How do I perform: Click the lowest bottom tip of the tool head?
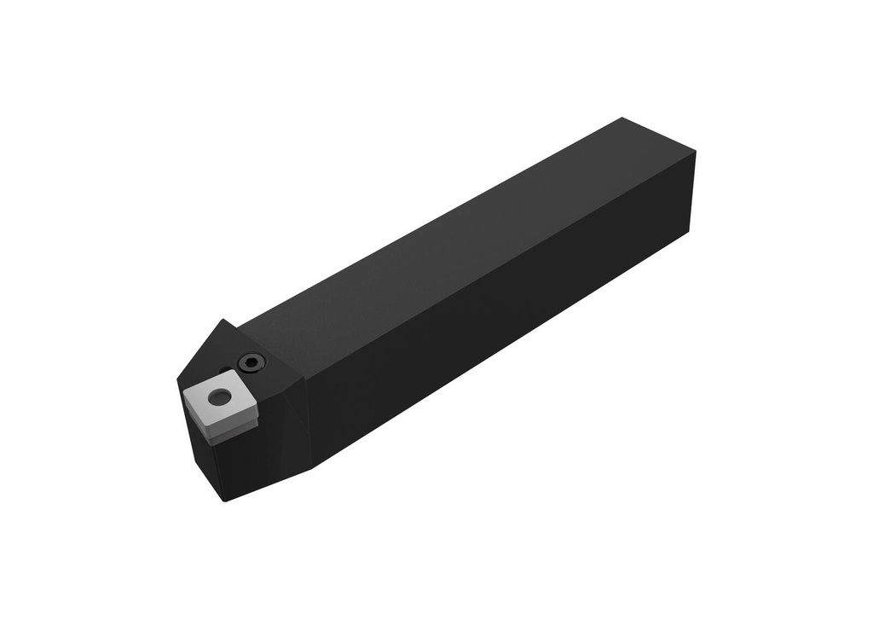coord(224,500)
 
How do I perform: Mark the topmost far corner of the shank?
coord(623,119)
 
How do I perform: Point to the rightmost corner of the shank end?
coord(695,153)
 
